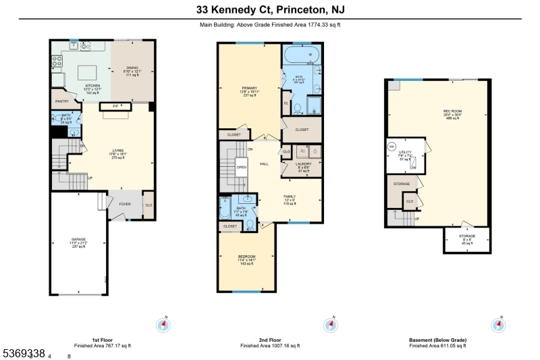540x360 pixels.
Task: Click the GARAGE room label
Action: coord(79,239)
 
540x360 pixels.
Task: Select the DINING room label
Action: coord(132,68)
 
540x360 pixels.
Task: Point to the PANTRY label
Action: coord(62,101)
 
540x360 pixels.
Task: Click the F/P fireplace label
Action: coord(115,106)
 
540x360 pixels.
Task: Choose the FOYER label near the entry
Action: coord(125,203)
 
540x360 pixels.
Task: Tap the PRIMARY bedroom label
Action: coord(250,88)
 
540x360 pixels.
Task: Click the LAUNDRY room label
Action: coord(298,164)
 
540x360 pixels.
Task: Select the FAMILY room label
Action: coord(290,196)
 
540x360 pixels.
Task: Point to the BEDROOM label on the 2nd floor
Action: coord(246,257)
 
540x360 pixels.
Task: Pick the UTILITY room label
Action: coord(404,153)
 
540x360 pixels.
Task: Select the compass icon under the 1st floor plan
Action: coord(163,325)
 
